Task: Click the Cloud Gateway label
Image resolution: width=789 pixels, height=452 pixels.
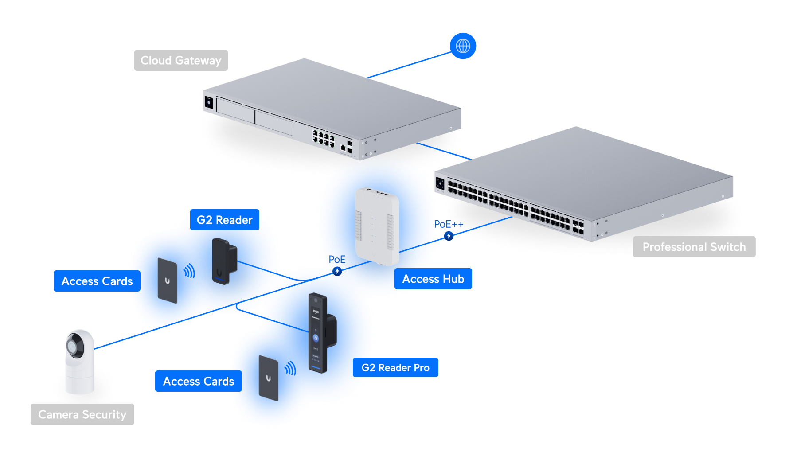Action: [181, 60]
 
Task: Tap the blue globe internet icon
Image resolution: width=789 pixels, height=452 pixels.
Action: [463, 46]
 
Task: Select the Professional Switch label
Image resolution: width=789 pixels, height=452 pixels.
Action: [694, 247]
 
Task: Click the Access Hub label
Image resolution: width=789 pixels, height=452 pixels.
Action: [433, 279]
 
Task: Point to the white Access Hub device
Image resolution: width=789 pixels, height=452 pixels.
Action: [377, 226]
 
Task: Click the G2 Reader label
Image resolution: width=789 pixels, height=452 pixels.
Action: [224, 220]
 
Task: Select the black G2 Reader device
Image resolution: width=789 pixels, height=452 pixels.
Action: [224, 261]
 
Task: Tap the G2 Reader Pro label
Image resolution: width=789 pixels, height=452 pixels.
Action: [395, 368]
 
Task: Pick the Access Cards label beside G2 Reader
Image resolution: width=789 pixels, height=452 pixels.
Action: [97, 281]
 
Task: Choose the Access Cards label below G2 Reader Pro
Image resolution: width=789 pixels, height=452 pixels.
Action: [199, 382]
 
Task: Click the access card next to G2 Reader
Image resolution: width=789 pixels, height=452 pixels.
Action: [168, 281]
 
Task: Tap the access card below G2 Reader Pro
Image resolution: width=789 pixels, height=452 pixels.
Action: [269, 378]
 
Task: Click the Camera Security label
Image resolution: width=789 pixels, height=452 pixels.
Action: [82, 414]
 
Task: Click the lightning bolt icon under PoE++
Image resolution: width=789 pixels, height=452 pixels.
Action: [449, 236]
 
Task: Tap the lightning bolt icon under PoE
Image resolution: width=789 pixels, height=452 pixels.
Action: [337, 271]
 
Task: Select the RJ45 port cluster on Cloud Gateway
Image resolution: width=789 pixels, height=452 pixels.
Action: [323, 138]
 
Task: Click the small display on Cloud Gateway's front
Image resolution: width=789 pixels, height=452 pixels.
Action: [209, 102]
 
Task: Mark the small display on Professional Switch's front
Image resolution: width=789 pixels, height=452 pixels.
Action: [440, 183]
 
